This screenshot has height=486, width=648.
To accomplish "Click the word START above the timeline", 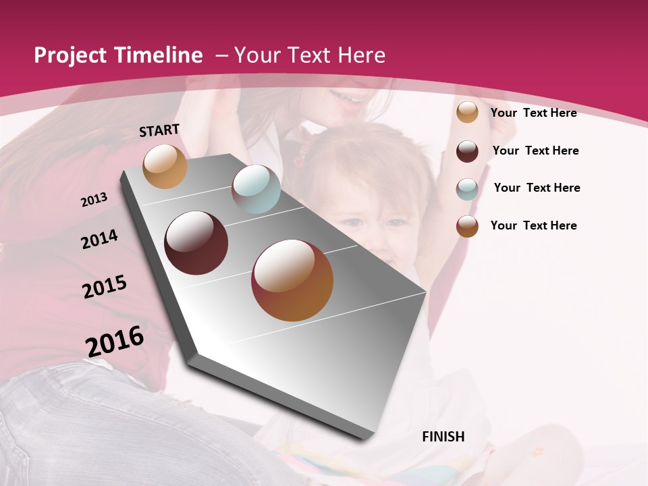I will (159, 130).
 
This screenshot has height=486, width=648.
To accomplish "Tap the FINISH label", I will (443, 437).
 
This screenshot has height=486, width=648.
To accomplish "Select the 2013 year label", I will (94, 199).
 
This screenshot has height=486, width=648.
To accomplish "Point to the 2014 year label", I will (99, 239).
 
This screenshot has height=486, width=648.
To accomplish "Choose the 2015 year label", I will (105, 287).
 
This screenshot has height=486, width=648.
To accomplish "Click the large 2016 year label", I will (115, 341).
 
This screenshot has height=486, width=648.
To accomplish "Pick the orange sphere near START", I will (165, 166).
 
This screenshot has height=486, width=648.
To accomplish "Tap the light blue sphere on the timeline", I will (256, 189).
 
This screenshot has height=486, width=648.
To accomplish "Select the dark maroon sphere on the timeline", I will (196, 242).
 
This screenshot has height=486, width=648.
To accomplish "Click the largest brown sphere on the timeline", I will (292, 280).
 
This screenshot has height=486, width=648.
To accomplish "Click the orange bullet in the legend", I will (467, 113).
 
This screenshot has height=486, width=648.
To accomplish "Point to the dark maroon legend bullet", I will (467, 151).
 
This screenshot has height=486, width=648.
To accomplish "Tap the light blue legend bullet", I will (467, 188).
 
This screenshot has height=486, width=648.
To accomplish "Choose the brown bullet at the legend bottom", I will (467, 226).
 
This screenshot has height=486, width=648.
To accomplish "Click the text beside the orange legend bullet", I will (534, 113).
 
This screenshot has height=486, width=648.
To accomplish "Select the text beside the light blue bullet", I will (537, 188).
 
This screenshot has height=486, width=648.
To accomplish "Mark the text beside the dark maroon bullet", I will (536, 151).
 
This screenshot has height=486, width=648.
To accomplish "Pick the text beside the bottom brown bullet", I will (534, 225).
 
